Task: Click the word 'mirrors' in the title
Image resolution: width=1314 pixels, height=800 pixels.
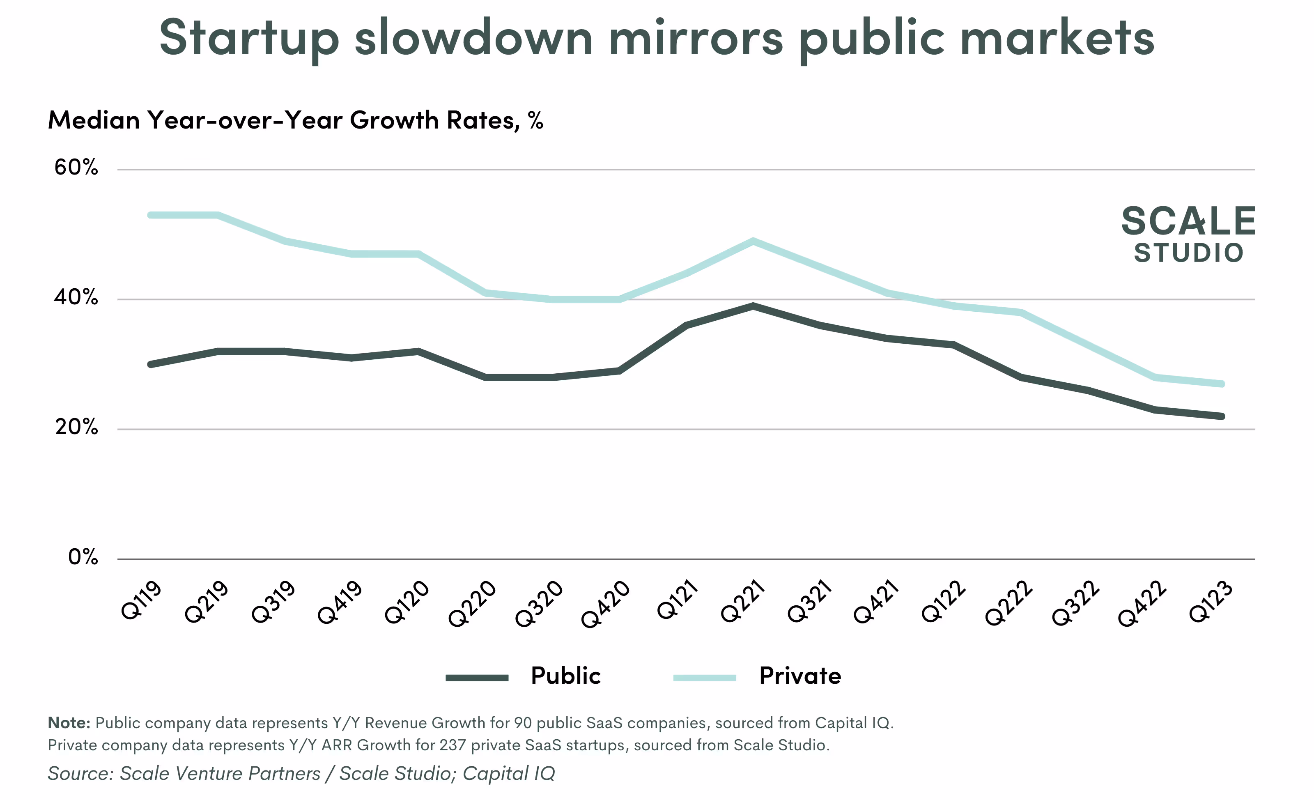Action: pyautogui.click(x=696, y=39)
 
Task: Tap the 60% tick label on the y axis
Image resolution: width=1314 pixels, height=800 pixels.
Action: pyautogui.click(x=76, y=168)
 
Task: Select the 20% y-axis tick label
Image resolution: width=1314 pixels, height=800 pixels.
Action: pyautogui.click(x=76, y=427)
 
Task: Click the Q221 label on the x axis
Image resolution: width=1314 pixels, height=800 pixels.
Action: pyautogui.click(x=743, y=601)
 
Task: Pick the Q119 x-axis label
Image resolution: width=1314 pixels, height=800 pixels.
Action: pyautogui.click(x=141, y=601)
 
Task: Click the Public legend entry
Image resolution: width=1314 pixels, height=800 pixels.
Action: pyautogui.click(x=565, y=676)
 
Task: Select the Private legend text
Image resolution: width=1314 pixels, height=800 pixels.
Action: pyautogui.click(x=800, y=676)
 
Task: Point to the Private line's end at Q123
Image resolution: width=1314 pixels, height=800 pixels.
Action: pyautogui.click(x=1222, y=384)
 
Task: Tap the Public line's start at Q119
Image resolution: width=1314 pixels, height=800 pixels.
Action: pyautogui.click(x=151, y=365)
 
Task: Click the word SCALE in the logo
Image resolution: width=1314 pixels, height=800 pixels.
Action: pyautogui.click(x=1188, y=221)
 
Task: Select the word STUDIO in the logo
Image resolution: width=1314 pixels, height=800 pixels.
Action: pyautogui.click(x=1188, y=253)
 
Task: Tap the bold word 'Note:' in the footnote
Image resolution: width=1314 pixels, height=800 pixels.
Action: pyautogui.click(x=69, y=723)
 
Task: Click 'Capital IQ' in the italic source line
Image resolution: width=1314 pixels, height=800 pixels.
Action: pyautogui.click(x=509, y=774)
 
